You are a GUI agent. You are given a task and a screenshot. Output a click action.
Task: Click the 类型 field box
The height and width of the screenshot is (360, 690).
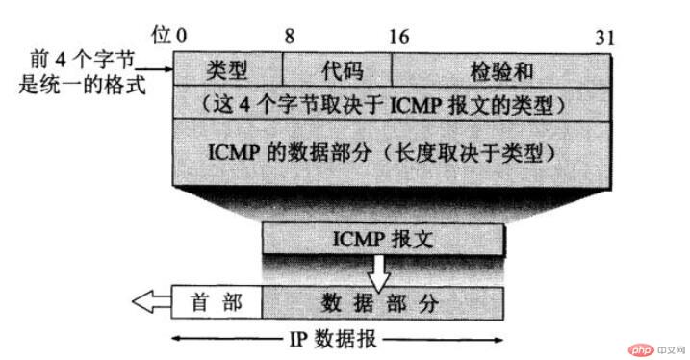(228, 69)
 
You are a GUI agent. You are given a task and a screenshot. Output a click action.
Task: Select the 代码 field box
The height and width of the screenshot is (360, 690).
(337, 69)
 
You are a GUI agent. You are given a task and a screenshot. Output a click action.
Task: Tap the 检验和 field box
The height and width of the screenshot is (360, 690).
(500, 69)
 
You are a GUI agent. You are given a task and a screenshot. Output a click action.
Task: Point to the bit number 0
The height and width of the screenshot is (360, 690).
(180, 37)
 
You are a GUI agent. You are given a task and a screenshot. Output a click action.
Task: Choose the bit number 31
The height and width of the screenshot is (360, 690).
(604, 37)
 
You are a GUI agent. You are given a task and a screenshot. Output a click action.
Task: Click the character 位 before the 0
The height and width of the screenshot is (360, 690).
(160, 37)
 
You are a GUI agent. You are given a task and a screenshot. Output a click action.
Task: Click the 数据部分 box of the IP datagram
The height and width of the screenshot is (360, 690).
(383, 302)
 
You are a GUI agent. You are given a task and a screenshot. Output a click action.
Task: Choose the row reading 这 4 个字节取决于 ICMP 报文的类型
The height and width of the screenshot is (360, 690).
(392, 101)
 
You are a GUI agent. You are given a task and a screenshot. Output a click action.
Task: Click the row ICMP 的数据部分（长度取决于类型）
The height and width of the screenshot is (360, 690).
(392, 152)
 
